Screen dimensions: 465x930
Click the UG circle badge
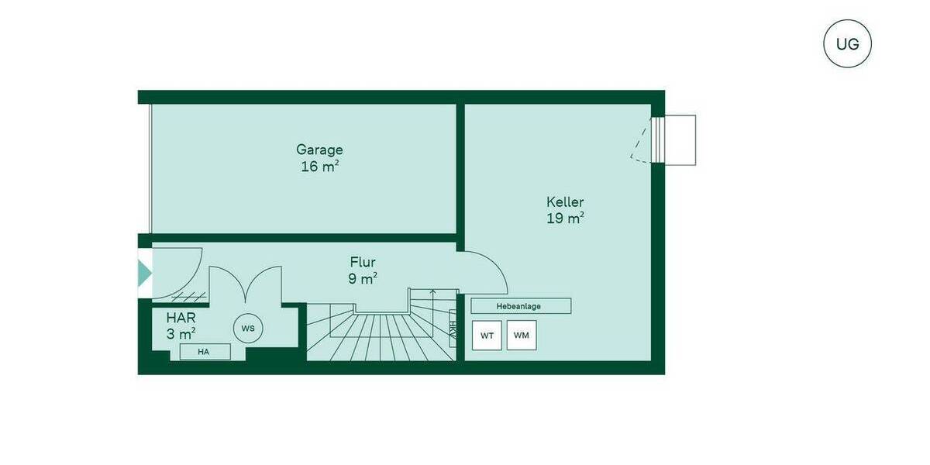point(847,43)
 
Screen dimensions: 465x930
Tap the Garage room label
point(319,150)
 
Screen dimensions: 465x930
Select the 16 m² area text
point(319,167)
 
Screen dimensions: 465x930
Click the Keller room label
point(565,202)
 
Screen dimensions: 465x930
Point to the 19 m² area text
point(565,219)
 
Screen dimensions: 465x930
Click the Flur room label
point(363,262)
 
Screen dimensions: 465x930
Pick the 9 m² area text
point(363,279)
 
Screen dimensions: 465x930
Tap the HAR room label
point(181,318)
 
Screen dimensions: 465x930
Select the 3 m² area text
point(181,335)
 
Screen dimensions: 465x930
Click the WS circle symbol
point(248,328)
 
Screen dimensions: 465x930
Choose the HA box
point(205,352)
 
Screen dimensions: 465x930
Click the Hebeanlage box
point(520,306)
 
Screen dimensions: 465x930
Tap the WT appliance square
point(487,336)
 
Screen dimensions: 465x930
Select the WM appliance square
point(522,336)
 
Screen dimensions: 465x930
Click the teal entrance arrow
point(145,273)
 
